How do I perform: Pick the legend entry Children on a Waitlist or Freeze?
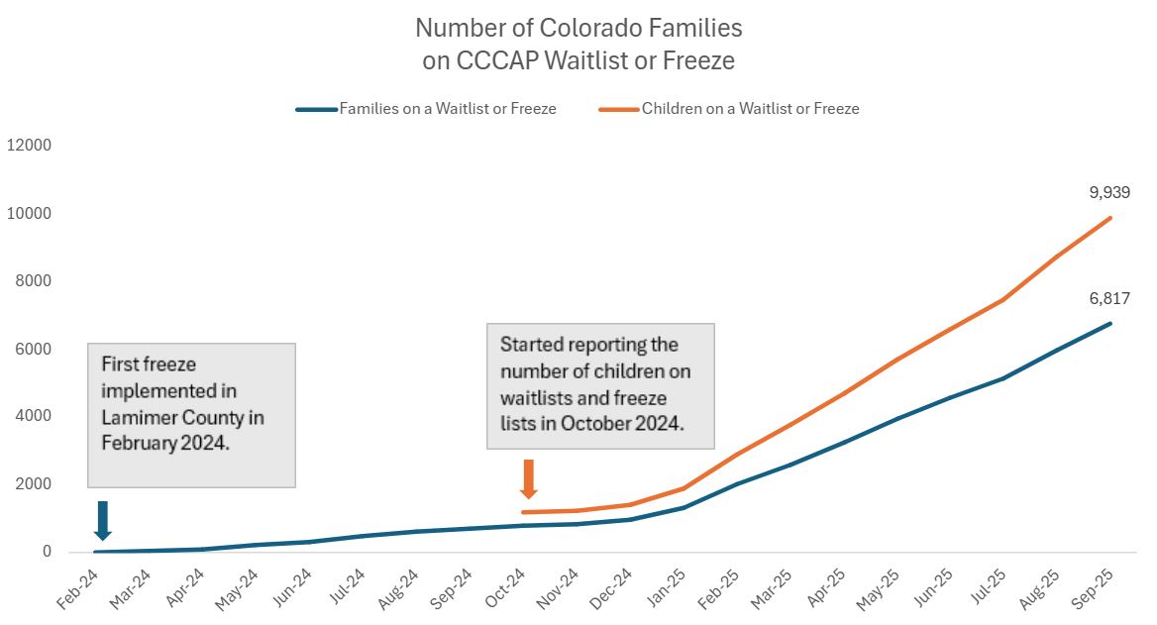(x=750, y=109)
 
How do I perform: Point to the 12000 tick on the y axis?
(x=29, y=146)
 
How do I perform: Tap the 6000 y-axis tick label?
(x=33, y=349)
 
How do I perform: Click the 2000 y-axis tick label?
(x=33, y=484)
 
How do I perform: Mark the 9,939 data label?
(x=1109, y=192)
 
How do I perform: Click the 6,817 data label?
(x=1109, y=297)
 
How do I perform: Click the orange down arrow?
(x=528, y=478)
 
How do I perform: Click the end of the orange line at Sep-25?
(x=1110, y=218)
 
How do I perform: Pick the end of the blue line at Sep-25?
(x=1110, y=323)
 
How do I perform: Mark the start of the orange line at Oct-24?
(x=523, y=512)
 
